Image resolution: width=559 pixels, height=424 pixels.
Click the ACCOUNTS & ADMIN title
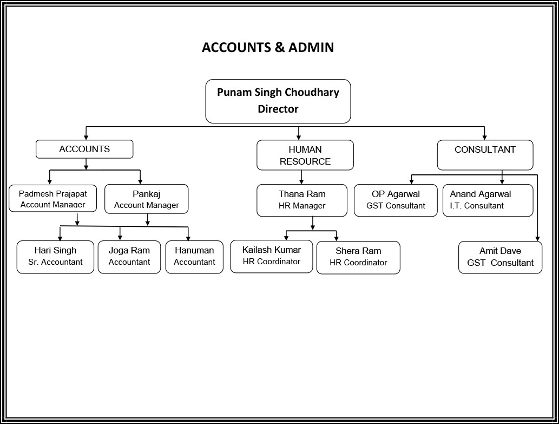(x=268, y=48)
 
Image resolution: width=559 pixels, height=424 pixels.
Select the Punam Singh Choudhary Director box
(x=278, y=101)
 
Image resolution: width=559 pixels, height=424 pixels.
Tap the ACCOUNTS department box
(x=84, y=149)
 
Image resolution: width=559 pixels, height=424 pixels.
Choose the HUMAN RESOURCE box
(x=305, y=155)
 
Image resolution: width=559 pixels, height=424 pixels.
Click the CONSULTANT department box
(x=485, y=155)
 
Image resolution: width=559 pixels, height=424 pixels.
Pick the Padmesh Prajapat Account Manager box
(x=53, y=198)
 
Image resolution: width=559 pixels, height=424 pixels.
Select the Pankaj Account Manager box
(x=147, y=199)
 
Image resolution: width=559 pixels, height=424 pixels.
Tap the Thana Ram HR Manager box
(x=302, y=200)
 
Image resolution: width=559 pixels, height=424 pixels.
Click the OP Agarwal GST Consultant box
(x=396, y=200)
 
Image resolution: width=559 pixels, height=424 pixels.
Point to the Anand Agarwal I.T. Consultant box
(x=488, y=200)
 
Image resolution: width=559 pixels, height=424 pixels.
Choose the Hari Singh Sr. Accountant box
(x=55, y=257)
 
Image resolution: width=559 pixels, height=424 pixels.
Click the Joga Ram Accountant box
(x=129, y=257)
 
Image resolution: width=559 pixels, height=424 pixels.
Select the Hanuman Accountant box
(x=194, y=257)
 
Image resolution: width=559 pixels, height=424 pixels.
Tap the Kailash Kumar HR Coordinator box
(x=272, y=256)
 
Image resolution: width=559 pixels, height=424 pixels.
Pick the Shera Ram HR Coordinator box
(x=358, y=257)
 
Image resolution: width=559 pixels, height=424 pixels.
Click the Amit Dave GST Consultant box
(x=500, y=257)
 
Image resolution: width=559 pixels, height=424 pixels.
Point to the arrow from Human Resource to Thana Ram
(x=301, y=177)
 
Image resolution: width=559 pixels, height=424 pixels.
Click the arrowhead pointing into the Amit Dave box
(x=537, y=239)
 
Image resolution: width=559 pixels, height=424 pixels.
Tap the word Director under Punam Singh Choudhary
(x=278, y=109)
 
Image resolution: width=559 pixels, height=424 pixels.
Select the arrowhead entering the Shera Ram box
(x=336, y=239)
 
